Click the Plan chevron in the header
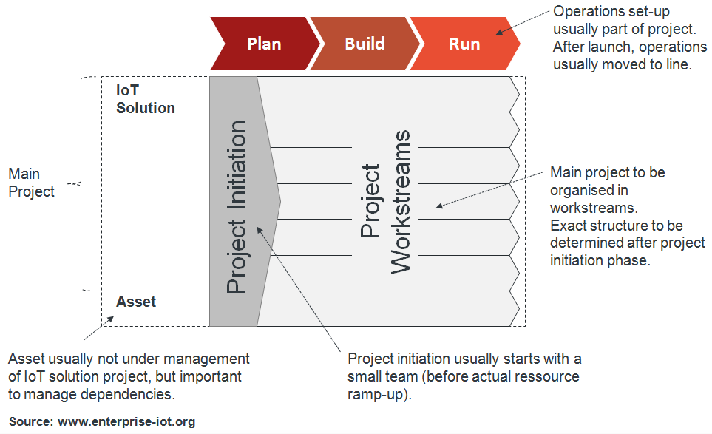click(x=264, y=43)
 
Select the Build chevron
click(x=365, y=43)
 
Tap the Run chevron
click(x=464, y=43)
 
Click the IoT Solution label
click(x=146, y=99)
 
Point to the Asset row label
click(x=136, y=302)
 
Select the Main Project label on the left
click(x=31, y=183)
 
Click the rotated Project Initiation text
click(x=237, y=208)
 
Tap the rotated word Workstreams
click(x=400, y=202)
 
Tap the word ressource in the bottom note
click(x=545, y=376)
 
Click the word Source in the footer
click(x=30, y=422)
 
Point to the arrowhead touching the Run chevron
click(x=500, y=32)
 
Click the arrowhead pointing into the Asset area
click(x=110, y=319)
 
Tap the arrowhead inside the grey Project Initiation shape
click(x=260, y=229)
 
